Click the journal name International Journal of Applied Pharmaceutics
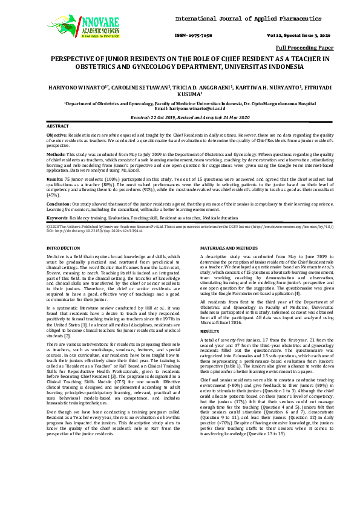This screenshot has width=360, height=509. click(x=252, y=19)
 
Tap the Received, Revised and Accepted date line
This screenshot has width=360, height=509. click(x=180, y=117)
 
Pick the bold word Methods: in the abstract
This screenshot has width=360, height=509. click(x=56, y=154)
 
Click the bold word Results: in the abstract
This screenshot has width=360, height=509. click(x=55, y=180)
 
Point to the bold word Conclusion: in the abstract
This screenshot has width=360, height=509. click(x=59, y=205)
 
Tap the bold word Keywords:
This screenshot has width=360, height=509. click(x=57, y=217)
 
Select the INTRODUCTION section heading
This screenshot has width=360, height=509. click(x=63, y=248)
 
